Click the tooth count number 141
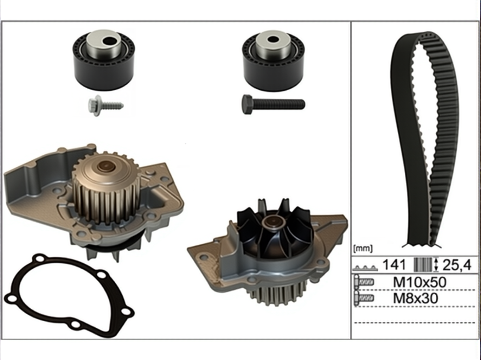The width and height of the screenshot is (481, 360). (394, 265)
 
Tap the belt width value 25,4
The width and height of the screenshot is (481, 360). (457, 265)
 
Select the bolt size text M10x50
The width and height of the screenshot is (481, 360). (419, 282)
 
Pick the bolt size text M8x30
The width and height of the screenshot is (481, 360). (416, 298)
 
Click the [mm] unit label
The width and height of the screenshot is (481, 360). (363, 249)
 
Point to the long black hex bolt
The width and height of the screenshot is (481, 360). (273, 104)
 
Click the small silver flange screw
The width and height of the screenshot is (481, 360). (105, 105)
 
